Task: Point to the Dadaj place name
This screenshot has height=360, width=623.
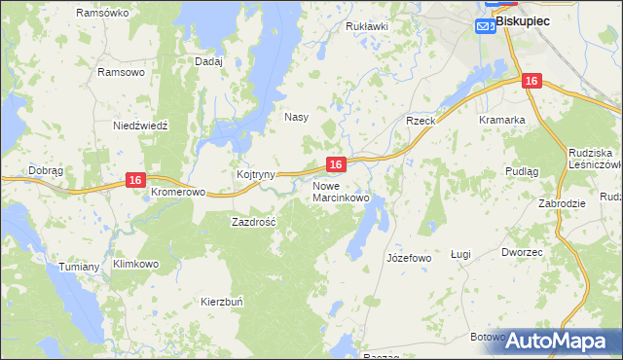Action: tap(208, 60)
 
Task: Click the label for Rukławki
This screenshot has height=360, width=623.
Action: tap(367, 26)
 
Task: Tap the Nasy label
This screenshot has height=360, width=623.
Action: tap(296, 117)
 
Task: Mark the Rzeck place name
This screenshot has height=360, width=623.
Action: tap(420, 120)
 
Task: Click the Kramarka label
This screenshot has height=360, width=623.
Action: tap(502, 120)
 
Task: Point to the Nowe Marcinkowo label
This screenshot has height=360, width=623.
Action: tap(341, 191)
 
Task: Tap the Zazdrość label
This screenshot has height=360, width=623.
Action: tap(254, 221)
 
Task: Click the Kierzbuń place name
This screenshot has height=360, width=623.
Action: tap(222, 302)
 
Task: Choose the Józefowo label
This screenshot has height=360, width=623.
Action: tap(409, 258)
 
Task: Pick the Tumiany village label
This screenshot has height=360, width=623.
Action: tap(80, 267)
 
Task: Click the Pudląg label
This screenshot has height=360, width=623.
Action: tap(522, 170)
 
